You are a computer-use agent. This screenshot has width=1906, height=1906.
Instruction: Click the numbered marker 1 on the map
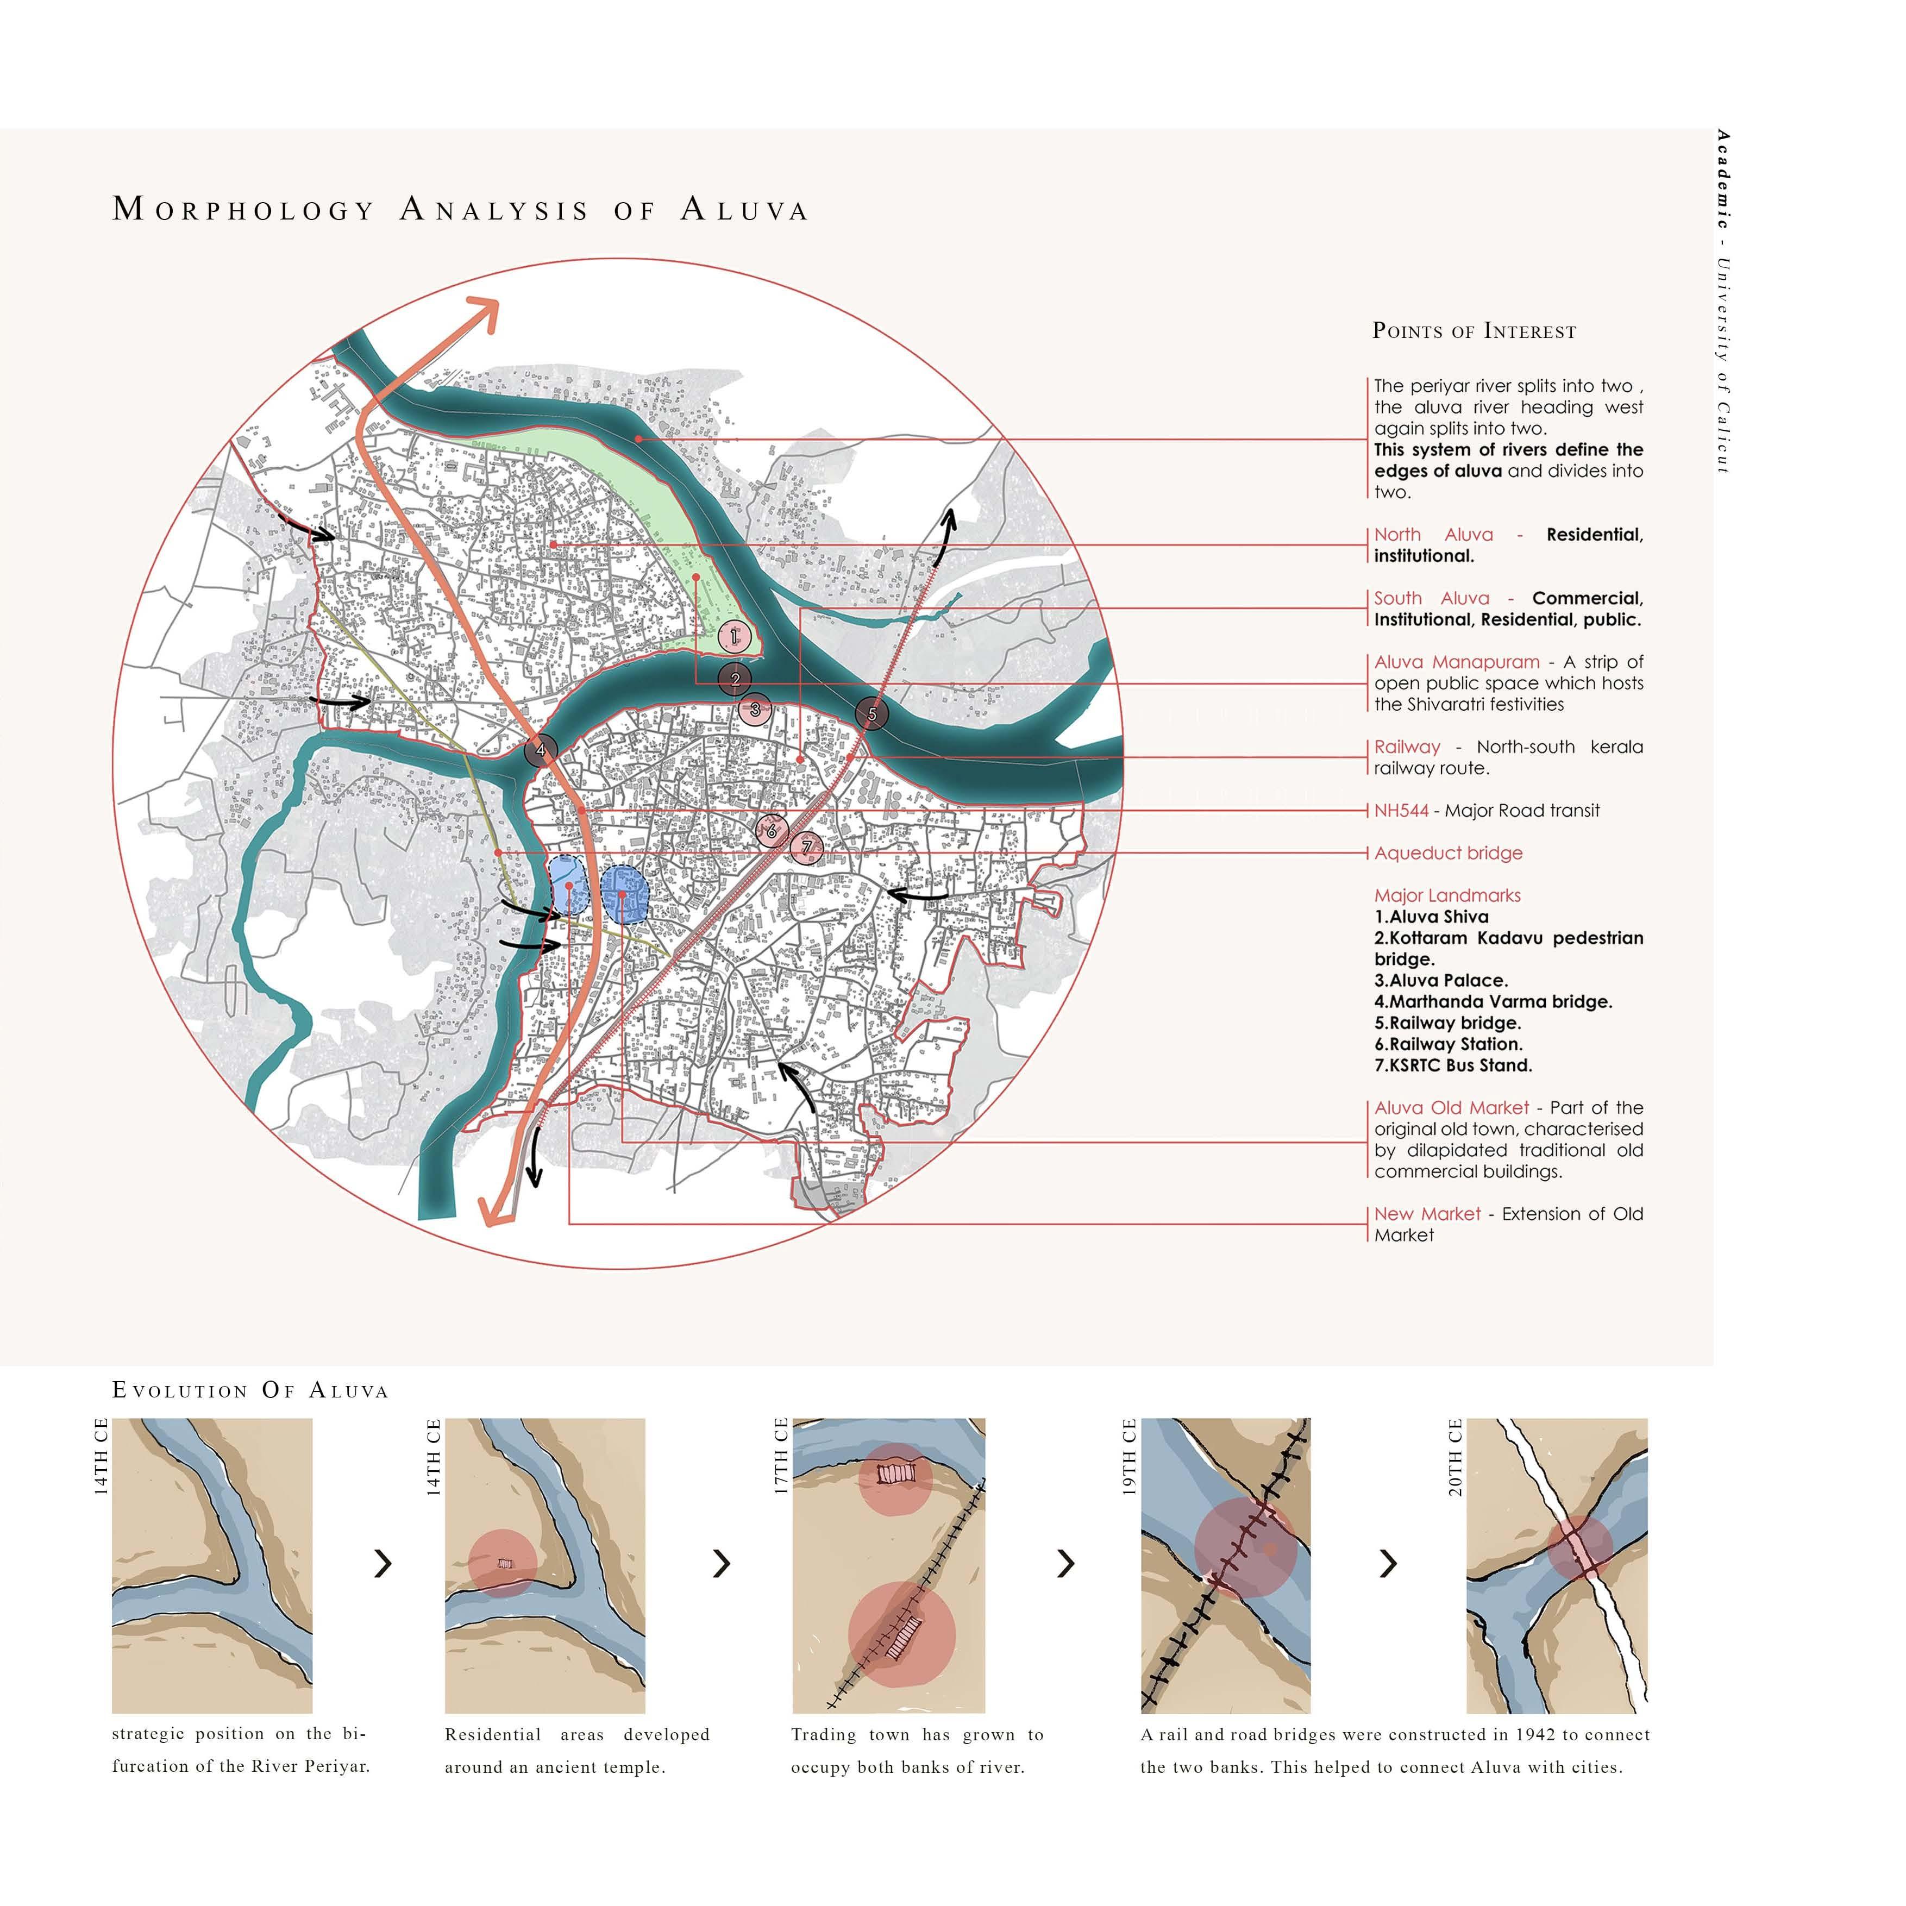click(x=734, y=636)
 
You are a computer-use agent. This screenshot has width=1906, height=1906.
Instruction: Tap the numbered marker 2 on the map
click(x=735, y=679)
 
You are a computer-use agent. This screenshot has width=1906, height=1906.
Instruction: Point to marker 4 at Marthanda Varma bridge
click(x=541, y=751)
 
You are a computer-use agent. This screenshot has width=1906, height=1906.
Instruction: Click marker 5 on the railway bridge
click(x=871, y=714)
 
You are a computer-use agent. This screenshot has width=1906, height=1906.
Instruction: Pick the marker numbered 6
click(x=772, y=831)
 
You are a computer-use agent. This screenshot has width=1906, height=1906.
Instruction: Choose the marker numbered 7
click(x=807, y=848)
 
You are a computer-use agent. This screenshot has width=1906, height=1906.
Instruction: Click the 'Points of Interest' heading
click(x=1474, y=331)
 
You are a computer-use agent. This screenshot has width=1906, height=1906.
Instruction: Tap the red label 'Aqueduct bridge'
click(x=1448, y=854)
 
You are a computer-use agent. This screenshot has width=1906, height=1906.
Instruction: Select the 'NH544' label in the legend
click(x=1401, y=811)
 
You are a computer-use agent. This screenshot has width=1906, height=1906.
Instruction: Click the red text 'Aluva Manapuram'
click(x=1456, y=662)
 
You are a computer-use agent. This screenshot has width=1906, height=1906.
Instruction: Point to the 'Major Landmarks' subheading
click(x=1447, y=896)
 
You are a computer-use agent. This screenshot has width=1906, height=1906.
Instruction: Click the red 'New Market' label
click(x=1427, y=1214)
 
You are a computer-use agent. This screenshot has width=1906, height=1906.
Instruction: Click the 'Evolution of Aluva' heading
click(x=250, y=1391)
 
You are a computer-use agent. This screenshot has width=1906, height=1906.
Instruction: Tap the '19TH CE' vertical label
click(x=1130, y=1457)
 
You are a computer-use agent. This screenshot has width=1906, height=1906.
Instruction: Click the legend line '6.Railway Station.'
click(x=1448, y=1044)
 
